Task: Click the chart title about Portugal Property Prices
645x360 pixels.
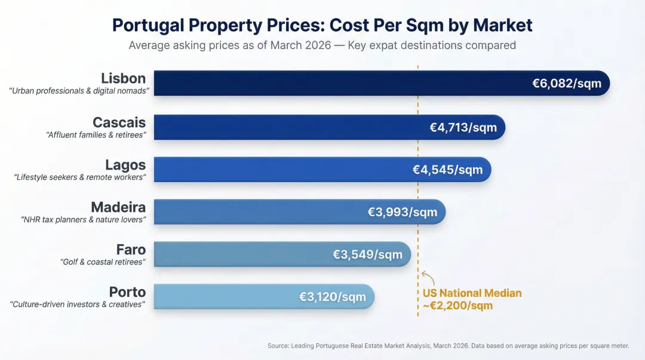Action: point(322,25)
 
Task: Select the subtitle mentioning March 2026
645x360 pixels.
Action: point(322,45)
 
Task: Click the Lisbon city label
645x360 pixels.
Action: point(123,78)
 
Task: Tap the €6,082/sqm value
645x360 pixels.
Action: point(567,84)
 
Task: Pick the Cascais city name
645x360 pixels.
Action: point(119,122)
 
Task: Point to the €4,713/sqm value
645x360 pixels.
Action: point(463,127)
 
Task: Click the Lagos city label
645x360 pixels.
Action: point(125,165)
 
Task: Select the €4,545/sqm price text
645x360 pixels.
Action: point(447,170)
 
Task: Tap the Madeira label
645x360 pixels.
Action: point(118,207)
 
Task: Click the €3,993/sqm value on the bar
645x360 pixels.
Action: point(403,212)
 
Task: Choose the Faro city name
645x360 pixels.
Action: point(131,250)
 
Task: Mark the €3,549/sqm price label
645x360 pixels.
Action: point(367,254)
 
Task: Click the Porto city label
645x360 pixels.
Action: point(127,292)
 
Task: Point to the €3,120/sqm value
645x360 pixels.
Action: point(332,297)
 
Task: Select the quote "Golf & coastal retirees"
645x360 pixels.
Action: point(103,262)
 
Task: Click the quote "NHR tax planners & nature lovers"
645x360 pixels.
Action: point(83,220)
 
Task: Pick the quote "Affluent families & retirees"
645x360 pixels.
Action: point(96,135)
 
